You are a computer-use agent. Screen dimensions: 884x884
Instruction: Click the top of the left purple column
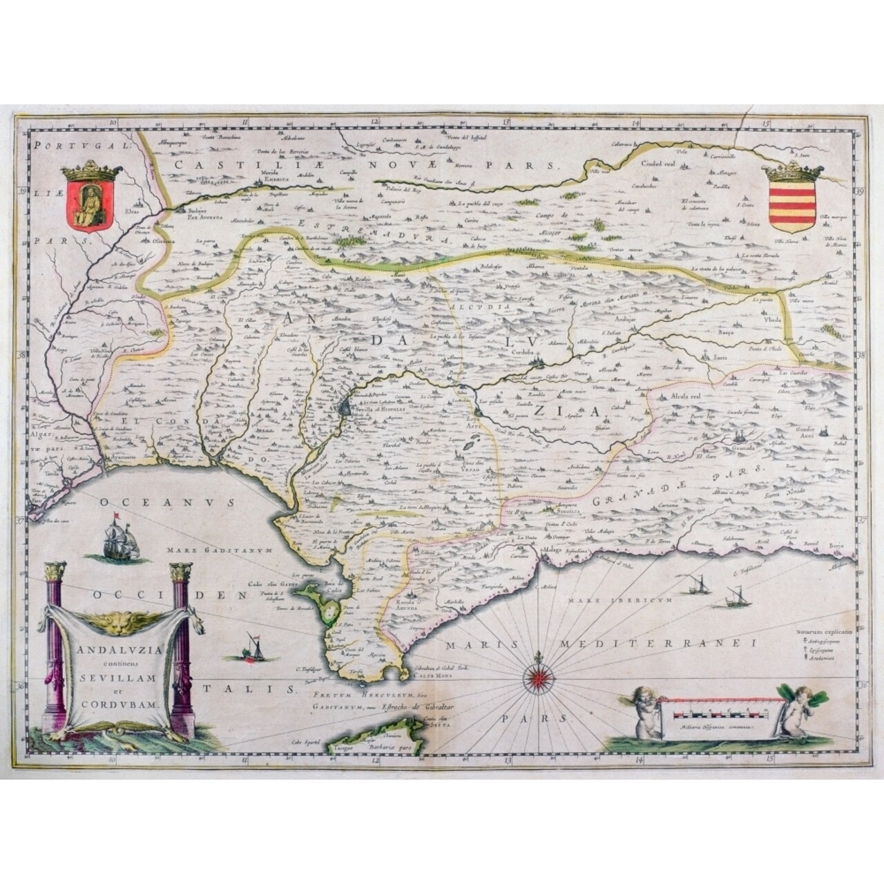[53, 573]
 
